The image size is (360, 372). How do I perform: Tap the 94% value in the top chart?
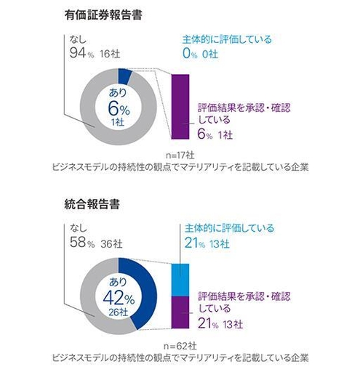tap(78, 52)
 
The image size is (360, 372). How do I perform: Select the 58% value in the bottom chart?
tap(78, 243)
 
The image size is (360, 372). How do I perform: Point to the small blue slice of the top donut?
tap(124, 75)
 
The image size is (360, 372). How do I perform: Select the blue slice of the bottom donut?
tap(144, 291)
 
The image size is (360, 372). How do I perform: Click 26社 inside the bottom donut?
tap(116, 313)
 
